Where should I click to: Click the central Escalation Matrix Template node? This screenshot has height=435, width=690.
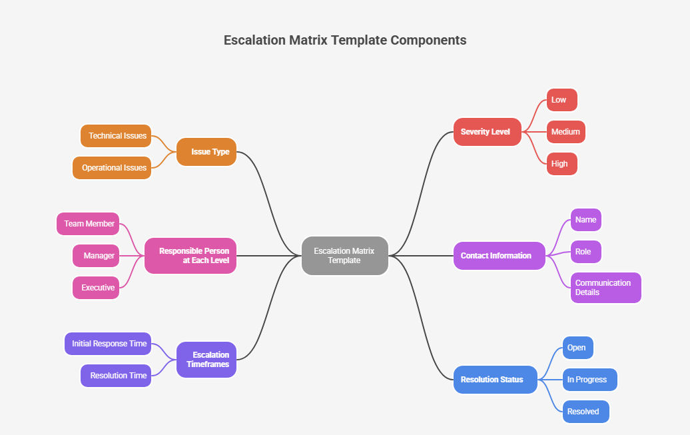344,256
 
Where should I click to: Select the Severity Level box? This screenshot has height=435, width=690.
486,132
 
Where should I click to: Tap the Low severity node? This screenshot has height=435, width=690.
561,100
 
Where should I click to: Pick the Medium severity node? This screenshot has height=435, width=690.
565,132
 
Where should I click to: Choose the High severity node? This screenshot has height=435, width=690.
561,164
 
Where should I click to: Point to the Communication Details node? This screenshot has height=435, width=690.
605,288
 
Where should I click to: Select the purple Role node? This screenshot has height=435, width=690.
585,252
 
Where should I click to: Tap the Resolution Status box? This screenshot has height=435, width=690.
495,380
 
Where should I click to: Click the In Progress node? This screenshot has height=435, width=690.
589,380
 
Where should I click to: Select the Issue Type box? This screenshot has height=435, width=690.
206,152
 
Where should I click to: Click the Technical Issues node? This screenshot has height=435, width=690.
117,136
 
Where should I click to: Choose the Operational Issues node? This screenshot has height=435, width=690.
113,168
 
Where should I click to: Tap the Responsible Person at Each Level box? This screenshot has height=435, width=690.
191,256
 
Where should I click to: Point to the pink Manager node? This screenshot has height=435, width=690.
96,256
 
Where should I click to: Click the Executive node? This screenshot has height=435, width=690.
96,288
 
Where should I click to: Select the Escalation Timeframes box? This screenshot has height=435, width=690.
206,360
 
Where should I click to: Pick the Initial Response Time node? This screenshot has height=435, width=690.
108,344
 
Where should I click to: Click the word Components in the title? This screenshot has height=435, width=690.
428,40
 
